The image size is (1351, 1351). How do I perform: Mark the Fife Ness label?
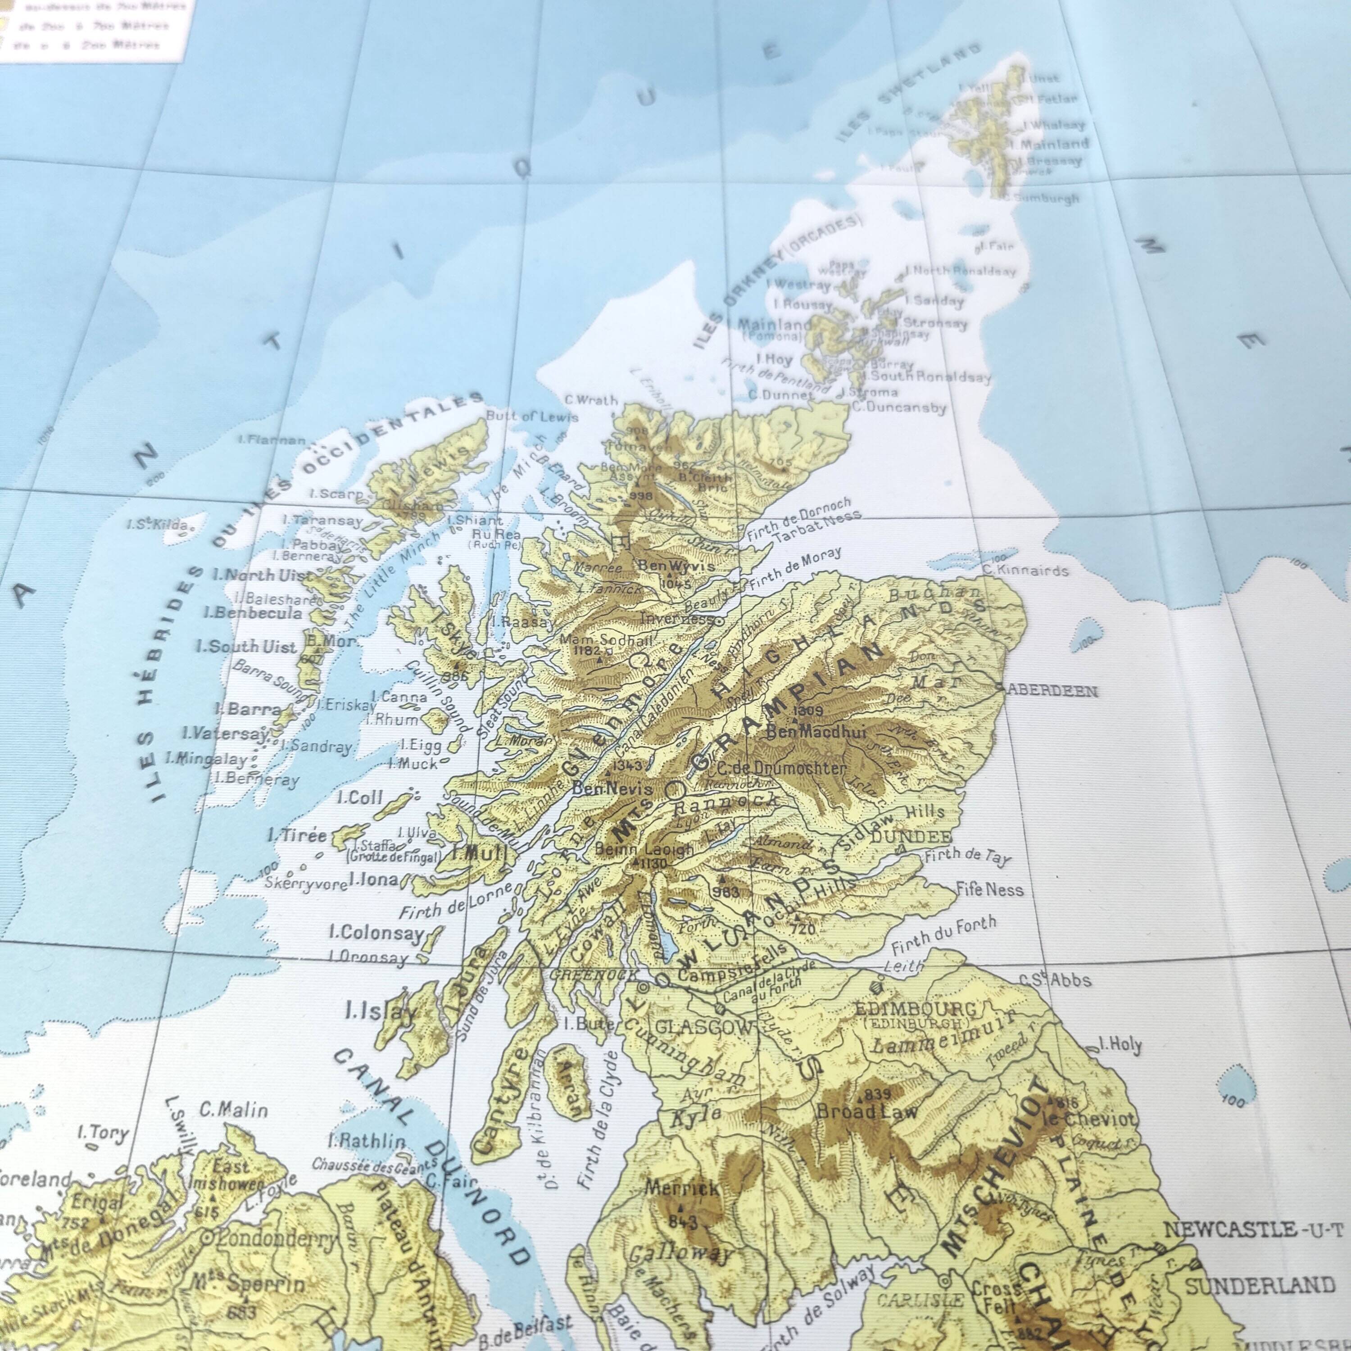(989, 890)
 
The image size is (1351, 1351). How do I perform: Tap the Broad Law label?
(867, 1111)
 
